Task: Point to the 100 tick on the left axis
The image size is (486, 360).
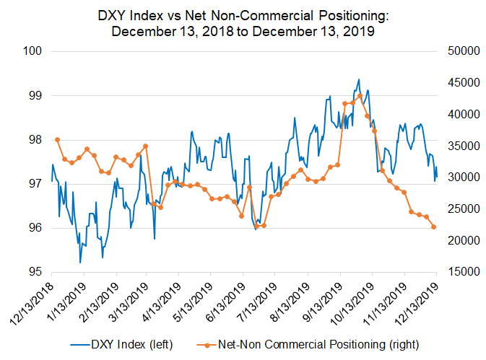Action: [33, 51]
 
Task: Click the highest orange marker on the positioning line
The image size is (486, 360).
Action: [360, 96]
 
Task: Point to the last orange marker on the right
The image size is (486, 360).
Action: [434, 227]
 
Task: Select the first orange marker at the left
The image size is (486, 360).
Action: [57, 139]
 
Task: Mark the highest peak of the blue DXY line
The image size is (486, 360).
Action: [359, 79]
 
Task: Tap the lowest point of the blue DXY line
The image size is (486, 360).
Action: [79, 263]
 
